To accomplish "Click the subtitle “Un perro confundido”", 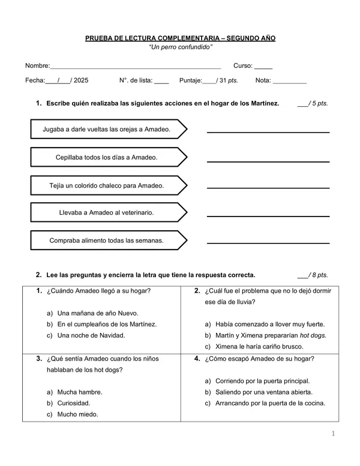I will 180,47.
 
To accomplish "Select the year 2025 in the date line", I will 81,80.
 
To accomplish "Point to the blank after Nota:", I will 289,81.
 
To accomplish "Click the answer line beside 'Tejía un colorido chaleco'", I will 268,187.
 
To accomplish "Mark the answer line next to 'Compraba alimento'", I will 268,242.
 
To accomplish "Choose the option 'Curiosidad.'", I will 73,403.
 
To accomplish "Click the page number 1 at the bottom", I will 331,434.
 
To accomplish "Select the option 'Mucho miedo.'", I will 77,414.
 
